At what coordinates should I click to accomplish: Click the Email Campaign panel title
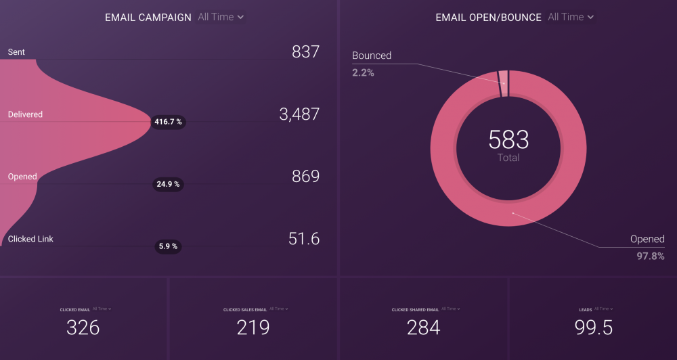(148, 18)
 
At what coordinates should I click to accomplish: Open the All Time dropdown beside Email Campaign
(221, 17)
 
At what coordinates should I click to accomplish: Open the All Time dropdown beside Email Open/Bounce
(571, 17)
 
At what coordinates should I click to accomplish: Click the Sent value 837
(305, 52)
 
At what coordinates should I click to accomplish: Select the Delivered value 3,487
(299, 114)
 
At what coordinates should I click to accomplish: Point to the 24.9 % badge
(168, 184)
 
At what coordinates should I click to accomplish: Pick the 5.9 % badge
(168, 246)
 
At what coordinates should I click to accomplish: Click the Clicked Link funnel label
(30, 239)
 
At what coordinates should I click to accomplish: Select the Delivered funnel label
(25, 114)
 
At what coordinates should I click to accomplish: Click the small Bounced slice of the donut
(503, 84)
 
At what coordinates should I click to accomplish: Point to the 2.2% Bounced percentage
(363, 72)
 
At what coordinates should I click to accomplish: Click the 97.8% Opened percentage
(651, 256)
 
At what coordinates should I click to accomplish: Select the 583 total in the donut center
(508, 140)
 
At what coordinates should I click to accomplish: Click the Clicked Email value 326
(83, 328)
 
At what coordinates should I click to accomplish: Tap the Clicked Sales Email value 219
(253, 328)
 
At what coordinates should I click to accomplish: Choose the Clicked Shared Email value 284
(424, 328)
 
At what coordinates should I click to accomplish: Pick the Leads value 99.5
(594, 328)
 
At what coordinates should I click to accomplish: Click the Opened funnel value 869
(305, 177)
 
